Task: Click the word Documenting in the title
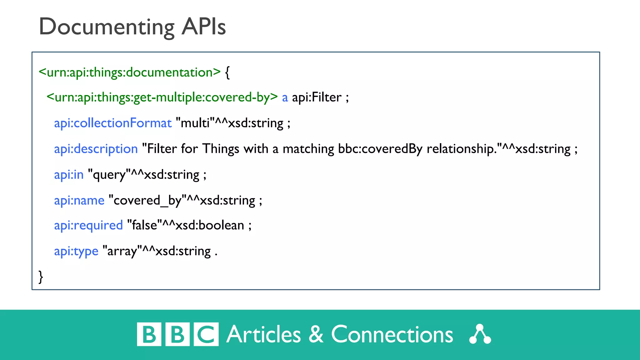(x=106, y=27)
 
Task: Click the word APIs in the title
(x=203, y=27)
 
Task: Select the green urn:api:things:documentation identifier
(x=130, y=72)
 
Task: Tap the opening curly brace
(x=227, y=72)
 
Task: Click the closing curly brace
(x=41, y=277)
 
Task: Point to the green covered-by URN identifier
(x=162, y=97)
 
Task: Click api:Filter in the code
(x=317, y=97)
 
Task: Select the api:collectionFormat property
(x=113, y=123)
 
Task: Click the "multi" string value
(x=195, y=123)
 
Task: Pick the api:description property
(x=96, y=149)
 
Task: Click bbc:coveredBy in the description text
(x=380, y=149)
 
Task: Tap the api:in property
(x=69, y=174)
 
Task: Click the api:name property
(x=79, y=200)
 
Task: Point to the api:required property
(x=88, y=225)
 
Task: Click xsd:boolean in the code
(x=210, y=225)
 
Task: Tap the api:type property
(x=76, y=251)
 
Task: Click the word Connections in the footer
(x=392, y=335)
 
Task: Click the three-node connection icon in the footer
(x=480, y=334)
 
